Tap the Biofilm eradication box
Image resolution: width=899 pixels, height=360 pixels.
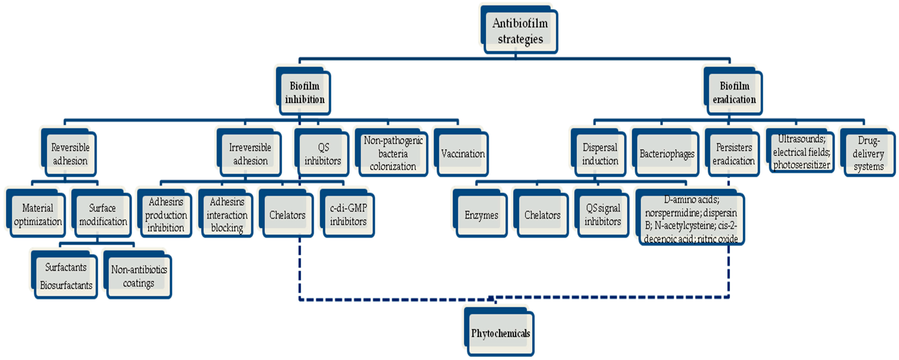pos(734,92)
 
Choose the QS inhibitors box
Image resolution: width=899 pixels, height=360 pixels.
pos(323,154)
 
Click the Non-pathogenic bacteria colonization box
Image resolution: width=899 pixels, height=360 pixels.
pos(393,154)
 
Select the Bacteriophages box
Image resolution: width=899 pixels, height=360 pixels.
pos(667,154)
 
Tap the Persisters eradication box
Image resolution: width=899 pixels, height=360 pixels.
pos(734,154)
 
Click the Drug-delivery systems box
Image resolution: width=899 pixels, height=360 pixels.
pos(869,154)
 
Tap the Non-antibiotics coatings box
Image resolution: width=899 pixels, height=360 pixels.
pos(139,276)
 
